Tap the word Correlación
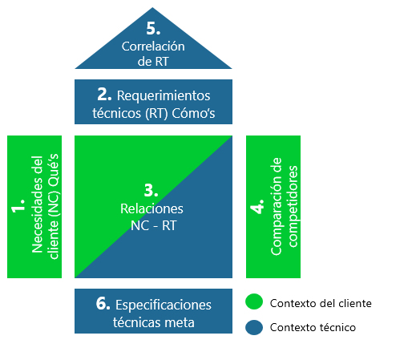click(153, 47)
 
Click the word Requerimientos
click(164, 95)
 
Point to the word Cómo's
click(193, 113)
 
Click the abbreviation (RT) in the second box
click(156, 114)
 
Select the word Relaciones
click(151, 208)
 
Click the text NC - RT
click(153, 225)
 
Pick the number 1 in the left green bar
click(18, 205)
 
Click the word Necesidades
click(37, 204)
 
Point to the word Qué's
click(54, 170)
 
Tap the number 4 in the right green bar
click(257, 206)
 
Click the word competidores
click(293, 206)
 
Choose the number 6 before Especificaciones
click(103, 304)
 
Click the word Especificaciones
click(164, 305)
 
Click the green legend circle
click(254, 301)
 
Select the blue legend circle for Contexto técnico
click(254, 327)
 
